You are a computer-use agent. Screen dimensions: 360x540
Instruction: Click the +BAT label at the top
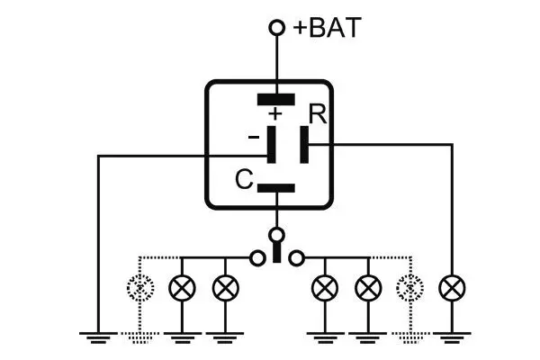[x=328, y=28]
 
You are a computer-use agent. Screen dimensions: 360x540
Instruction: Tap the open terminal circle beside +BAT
[x=277, y=29]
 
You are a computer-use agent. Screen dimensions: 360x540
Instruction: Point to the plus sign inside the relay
[x=275, y=114]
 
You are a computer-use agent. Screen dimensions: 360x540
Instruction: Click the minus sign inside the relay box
[x=254, y=136]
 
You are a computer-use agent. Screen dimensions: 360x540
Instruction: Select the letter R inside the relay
[x=316, y=115]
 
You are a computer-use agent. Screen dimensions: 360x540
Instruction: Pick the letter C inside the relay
[x=242, y=180]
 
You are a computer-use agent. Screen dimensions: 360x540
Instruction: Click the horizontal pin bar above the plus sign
[x=276, y=99]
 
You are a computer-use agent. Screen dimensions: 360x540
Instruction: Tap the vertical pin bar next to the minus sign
[x=273, y=144]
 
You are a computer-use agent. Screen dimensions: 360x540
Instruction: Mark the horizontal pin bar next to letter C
[x=276, y=188]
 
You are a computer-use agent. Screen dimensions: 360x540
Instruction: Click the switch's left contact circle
[x=257, y=257]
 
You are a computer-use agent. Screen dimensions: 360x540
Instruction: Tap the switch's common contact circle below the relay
[x=277, y=236]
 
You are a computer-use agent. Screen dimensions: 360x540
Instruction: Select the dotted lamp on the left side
[x=139, y=288]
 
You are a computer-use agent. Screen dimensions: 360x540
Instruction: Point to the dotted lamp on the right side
[x=410, y=288]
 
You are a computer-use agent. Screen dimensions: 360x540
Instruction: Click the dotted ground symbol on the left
[x=139, y=337]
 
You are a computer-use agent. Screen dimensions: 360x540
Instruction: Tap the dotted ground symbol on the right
[x=410, y=337]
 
